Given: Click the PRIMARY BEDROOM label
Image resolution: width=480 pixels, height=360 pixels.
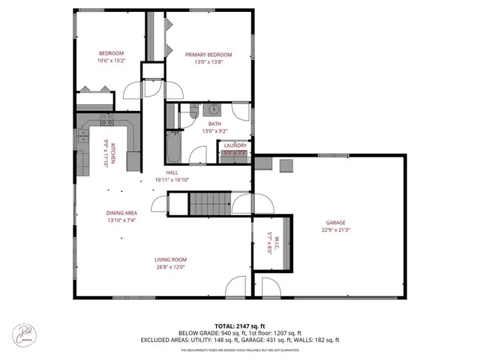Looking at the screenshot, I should pyautogui.click(x=208, y=55).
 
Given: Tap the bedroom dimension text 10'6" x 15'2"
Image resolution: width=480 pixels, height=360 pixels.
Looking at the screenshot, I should pyautogui.click(x=110, y=61).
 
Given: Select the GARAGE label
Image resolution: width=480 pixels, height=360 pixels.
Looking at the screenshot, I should pyautogui.click(x=335, y=223).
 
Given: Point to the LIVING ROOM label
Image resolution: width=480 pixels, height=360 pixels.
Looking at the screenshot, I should pyautogui.click(x=171, y=259).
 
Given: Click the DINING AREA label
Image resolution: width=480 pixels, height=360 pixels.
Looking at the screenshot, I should pyautogui.click(x=120, y=213).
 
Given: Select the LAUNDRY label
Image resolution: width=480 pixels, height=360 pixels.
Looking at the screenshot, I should pyautogui.click(x=235, y=145).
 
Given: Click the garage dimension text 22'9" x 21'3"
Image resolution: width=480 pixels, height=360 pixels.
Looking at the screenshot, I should pyautogui.click(x=335, y=230).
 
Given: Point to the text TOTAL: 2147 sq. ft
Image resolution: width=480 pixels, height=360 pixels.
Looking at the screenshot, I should pyautogui.click(x=240, y=325).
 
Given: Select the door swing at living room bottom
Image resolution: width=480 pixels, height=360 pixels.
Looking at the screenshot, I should pyautogui.click(x=235, y=288).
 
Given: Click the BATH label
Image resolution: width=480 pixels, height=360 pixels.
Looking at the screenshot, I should pyautogui.click(x=214, y=124).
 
